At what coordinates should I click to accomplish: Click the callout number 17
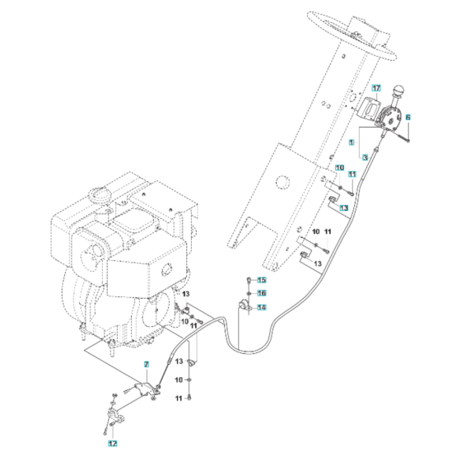pyautogui.click(x=375, y=88)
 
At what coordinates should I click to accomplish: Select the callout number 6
pyautogui.click(x=407, y=118)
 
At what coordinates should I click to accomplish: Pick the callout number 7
pyautogui.click(x=146, y=364)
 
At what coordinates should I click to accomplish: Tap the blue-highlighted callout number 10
pyautogui.click(x=338, y=168)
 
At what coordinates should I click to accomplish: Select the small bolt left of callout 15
pyautogui.click(x=248, y=281)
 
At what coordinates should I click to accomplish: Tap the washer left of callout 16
pyautogui.click(x=248, y=293)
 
